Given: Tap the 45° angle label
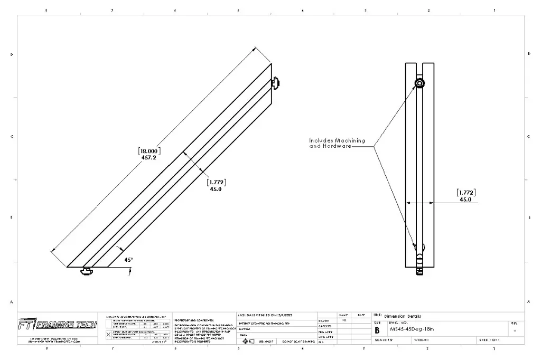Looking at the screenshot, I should click(128, 260).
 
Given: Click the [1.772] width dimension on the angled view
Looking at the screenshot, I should click(216, 182).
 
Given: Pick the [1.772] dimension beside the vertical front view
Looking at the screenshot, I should click(465, 193).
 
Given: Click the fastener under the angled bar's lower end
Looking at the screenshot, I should click(86, 271).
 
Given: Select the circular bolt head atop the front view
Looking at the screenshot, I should click(419, 84).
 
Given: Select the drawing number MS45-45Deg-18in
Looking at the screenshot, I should click(411, 329).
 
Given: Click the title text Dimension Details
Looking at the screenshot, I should click(403, 316).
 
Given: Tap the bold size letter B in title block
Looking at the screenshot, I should click(377, 330).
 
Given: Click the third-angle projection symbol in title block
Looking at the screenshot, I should click(245, 342).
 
